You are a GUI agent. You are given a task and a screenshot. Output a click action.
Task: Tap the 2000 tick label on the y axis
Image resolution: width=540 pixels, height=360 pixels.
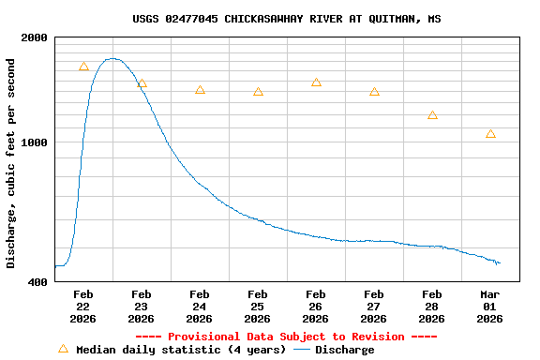click(35, 37)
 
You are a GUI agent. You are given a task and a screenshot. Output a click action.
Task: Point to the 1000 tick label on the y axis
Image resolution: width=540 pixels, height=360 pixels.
click(35, 142)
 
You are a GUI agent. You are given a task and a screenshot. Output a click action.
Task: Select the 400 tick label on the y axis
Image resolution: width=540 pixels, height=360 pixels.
click(38, 281)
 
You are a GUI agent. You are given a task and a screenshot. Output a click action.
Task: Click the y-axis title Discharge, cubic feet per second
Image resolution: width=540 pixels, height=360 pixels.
click(11, 163)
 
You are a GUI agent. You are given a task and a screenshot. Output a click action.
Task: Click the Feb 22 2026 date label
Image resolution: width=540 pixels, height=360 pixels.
click(82, 307)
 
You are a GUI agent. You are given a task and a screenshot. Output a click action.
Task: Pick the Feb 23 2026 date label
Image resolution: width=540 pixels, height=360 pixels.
click(141, 307)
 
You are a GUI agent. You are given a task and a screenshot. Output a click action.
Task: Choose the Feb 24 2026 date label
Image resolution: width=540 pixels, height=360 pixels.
click(199, 307)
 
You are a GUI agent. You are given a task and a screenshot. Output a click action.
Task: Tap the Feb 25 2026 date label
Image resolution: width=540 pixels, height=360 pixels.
click(257, 307)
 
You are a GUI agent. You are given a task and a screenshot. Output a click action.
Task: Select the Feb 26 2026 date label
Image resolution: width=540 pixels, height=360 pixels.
click(315, 307)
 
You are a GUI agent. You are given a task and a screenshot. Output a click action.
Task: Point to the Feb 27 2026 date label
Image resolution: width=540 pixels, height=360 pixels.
click(373, 307)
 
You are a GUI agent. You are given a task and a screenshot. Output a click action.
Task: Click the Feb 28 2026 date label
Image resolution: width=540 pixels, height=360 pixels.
click(431, 307)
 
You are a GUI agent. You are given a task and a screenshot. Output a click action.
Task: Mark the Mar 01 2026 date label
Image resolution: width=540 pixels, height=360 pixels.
click(489, 307)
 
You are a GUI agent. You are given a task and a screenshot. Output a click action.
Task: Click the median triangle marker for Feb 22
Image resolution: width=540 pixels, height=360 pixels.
click(83, 67)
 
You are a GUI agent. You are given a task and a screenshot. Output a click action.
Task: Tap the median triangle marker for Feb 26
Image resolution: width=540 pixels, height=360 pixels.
click(316, 82)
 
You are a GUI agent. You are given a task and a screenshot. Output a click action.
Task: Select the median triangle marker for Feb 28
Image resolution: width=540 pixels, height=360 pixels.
click(432, 115)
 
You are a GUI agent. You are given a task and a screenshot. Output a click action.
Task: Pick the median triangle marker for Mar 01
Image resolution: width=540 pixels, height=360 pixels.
click(490, 134)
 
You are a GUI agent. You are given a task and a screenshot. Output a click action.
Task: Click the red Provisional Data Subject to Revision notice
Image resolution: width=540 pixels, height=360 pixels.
click(286, 337)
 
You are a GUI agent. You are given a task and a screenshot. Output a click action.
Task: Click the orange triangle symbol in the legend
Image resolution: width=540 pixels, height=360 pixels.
click(63, 349)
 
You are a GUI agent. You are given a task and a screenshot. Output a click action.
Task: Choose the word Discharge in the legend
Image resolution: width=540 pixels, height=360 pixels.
click(344, 350)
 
